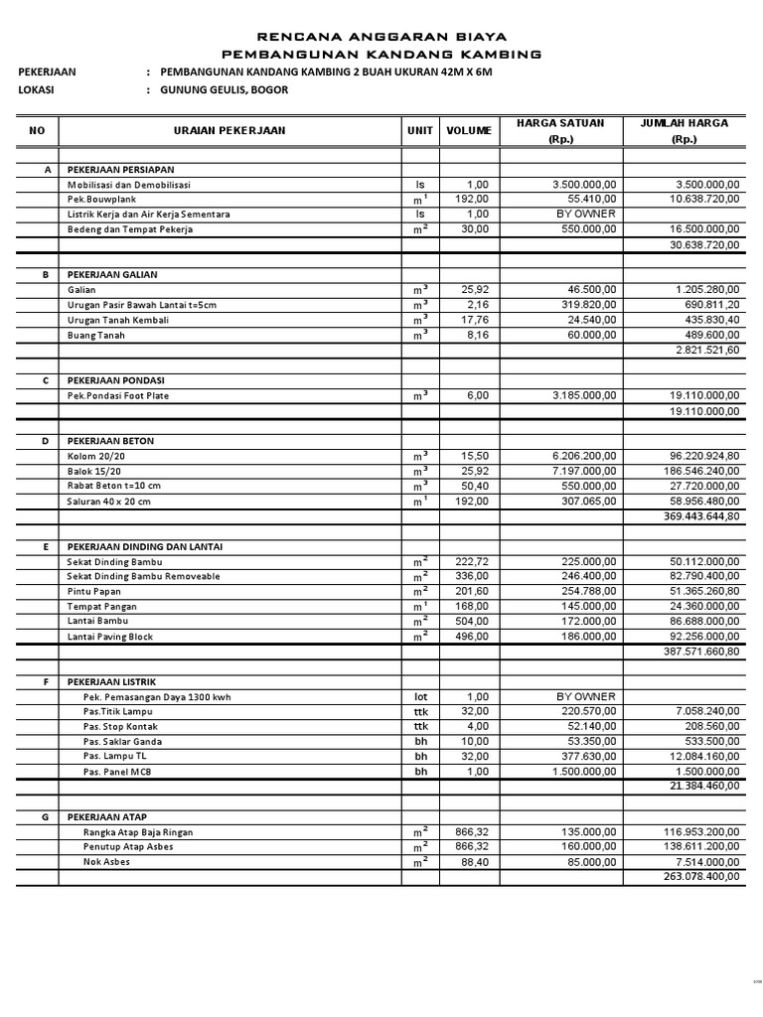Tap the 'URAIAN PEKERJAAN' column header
(x=229, y=131)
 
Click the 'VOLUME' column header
(x=468, y=131)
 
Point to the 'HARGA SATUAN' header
(x=559, y=123)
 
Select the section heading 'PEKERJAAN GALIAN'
(x=112, y=274)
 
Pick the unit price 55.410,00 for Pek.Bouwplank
(x=585, y=200)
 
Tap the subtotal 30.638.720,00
(x=704, y=244)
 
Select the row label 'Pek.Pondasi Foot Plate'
(x=118, y=395)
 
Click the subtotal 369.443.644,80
(x=701, y=516)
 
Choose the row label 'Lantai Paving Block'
(x=110, y=637)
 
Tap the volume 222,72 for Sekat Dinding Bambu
(x=475, y=562)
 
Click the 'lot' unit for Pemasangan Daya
(x=420, y=697)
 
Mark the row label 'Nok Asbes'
(x=106, y=862)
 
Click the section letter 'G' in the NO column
(x=46, y=816)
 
